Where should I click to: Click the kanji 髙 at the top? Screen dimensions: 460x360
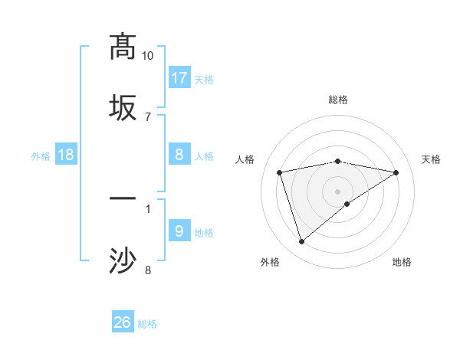point(123,46)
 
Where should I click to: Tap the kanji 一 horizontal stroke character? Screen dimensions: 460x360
point(123,198)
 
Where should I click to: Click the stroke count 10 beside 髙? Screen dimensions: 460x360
point(147,56)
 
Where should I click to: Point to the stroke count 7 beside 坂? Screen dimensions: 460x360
point(147,116)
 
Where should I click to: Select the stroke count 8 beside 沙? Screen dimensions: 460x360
point(147,269)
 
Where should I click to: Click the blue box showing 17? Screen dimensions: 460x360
point(179,78)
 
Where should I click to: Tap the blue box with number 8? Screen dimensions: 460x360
point(179,155)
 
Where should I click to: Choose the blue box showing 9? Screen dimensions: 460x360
point(179,231)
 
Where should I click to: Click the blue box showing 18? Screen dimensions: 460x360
point(66,155)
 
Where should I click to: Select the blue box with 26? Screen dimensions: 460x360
point(123,322)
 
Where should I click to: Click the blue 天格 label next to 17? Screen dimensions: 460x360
point(204,79)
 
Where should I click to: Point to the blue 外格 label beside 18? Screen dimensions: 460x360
point(41,155)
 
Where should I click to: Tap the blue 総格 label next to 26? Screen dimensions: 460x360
point(147,324)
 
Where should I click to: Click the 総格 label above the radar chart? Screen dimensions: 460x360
point(338,100)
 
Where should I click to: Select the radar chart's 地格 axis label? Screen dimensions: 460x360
point(402,262)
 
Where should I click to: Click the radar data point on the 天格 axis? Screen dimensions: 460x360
point(396,172)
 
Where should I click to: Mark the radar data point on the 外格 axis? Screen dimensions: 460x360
point(301,242)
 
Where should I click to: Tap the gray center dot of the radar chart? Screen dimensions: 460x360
point(338,191)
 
